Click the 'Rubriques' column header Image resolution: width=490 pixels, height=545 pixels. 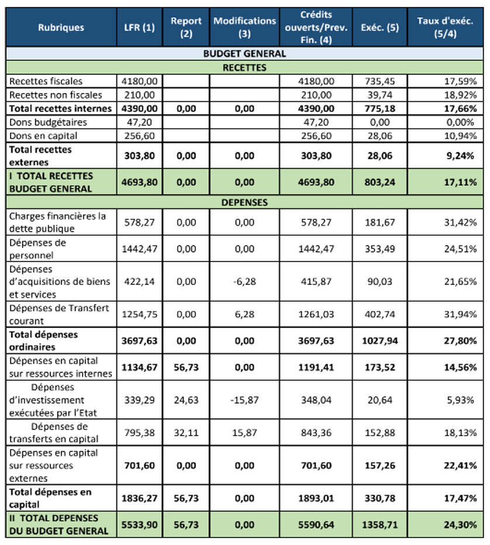click(61, 27)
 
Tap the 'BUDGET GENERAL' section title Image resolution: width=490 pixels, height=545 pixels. click(244, 54)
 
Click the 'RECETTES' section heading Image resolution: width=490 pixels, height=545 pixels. click(244, 67)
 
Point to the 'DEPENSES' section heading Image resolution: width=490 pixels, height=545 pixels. click(244, 203)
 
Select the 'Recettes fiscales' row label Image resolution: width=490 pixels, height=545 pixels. click(46, 81)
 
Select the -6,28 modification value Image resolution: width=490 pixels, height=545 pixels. click(244, 282)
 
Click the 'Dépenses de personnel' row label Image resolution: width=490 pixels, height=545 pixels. click(38, 249)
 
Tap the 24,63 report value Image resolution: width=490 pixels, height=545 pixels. click(186, 401)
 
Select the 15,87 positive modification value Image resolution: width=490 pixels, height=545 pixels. click(244, 433)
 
